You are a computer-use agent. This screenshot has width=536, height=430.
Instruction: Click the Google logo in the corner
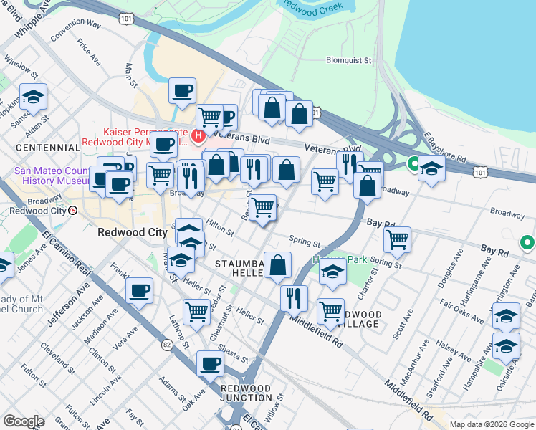[x=24, y=421]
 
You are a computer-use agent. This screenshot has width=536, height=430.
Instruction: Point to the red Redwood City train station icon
[x=73, y=210]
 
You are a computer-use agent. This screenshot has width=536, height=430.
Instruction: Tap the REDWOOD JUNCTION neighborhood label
[x=246, y=393]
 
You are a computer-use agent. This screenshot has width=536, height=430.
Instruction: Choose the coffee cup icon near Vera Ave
[x=140, y=291]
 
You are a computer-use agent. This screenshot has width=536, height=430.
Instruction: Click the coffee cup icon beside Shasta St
[x=210, y=363]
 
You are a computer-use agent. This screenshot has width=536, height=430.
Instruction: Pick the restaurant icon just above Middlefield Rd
[x=294, y=297]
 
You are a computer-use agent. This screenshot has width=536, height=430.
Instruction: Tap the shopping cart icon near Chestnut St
[x=196, y=312]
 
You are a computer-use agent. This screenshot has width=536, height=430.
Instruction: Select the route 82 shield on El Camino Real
[x=167, y=345]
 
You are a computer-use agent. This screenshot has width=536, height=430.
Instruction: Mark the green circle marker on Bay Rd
[x=527, y=244]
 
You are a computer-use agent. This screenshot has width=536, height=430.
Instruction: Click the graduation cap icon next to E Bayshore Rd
[x=431, y=168]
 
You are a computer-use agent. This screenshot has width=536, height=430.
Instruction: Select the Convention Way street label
[x=75, y=29]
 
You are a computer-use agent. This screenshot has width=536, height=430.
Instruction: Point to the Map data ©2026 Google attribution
[x=491, y=424]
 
